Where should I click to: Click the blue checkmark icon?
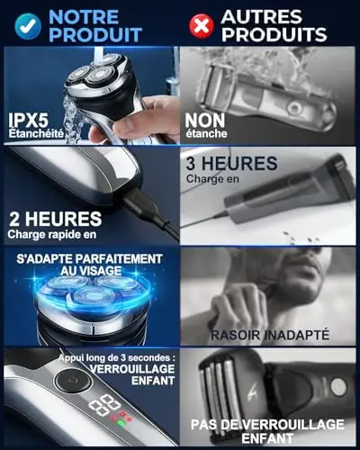click(x=28, y=26)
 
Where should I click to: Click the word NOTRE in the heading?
click(x=84, y=17)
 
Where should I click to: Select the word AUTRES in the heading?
click(x=261, y=16)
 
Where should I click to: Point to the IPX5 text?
click(x=28, y=121)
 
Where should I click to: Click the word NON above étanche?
click(x=205, y=121)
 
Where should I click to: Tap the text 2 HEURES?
click(x=56, y=219)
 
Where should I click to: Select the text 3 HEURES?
click(x=231, y=164)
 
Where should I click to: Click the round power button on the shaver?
click(x=73, y=381)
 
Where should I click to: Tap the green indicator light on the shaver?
click(x=121, y=424)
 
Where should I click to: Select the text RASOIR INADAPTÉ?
click(x=270, y=335)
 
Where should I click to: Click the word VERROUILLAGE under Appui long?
click(x=132, y=369)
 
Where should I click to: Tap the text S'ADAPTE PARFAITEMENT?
click(x=90, y=259)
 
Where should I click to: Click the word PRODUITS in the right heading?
click(x=274, y=34)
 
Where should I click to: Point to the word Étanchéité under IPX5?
click(x=36, y=133)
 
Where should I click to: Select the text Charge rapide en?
click(x=52, y=234)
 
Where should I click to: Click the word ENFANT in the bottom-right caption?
click(x=267, y=438)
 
